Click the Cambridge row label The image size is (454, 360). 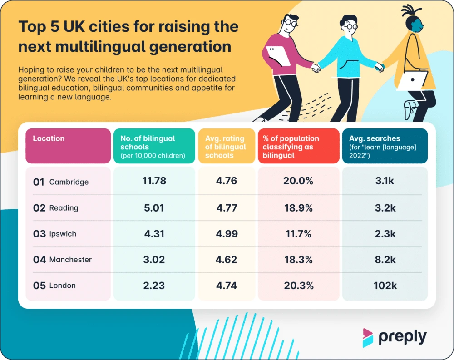[69, 182]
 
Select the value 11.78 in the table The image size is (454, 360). [154, 181]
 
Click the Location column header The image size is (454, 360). [49, 139]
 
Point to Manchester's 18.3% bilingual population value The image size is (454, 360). [297, 260]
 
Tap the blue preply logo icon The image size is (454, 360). [368, 338]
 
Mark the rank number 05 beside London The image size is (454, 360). [39, 286]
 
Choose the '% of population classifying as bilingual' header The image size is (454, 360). [291, 147]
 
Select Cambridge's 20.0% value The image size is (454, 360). [298, 181]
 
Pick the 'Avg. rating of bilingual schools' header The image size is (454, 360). [225, 147]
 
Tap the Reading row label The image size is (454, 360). [64, 208]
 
